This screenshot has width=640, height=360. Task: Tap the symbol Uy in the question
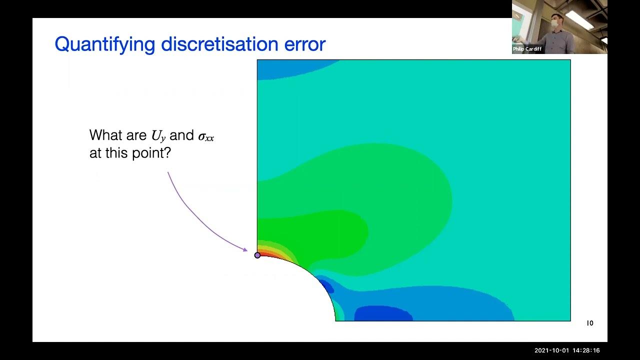pyautogui.click(x=158, y=135)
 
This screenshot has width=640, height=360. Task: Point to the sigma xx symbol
pyautogui.click(x=205, y=136)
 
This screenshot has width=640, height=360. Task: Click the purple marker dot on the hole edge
pyautogui.click(x=257, y=255)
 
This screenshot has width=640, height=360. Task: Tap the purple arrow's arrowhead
pyautogui.click(x=245, y=249)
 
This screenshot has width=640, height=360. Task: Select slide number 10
pyautogui.click(x=590, y=323)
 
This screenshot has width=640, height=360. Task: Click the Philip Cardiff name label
pyautogui.click(x=527, y=49)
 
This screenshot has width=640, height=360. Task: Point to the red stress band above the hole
pyautogui.click(x=267, y=254)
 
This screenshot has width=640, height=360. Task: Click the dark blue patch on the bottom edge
pyautogui.click(x=382, y=314)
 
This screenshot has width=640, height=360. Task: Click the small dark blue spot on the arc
pyautogui.click(x=327, y=286)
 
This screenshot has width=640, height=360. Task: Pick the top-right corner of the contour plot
pyautogui.click(x=570, y=60)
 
